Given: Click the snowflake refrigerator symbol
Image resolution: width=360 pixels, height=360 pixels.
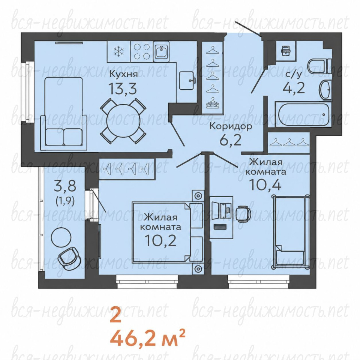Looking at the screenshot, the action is click(119, 51).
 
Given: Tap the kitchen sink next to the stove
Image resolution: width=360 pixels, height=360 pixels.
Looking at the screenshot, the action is click(161, 51).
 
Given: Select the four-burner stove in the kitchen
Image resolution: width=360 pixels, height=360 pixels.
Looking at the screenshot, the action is click(142, 51).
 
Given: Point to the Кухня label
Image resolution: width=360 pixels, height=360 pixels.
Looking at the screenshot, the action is click(123, 74).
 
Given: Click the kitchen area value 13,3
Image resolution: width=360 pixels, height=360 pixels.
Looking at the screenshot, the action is click(123, 88).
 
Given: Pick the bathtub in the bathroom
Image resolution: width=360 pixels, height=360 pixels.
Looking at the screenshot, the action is click(303, 114).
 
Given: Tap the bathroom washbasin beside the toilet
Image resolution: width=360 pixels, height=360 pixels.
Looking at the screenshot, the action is click(325, 90).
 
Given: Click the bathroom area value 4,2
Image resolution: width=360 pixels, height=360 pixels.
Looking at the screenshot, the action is click(294, 87).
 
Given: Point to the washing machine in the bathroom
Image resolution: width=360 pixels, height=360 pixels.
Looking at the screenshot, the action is click(286, 51).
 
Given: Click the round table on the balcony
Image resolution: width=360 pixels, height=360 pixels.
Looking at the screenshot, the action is click(61, 237).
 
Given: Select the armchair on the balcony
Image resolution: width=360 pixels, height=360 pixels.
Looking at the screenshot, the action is click(69, 258).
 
